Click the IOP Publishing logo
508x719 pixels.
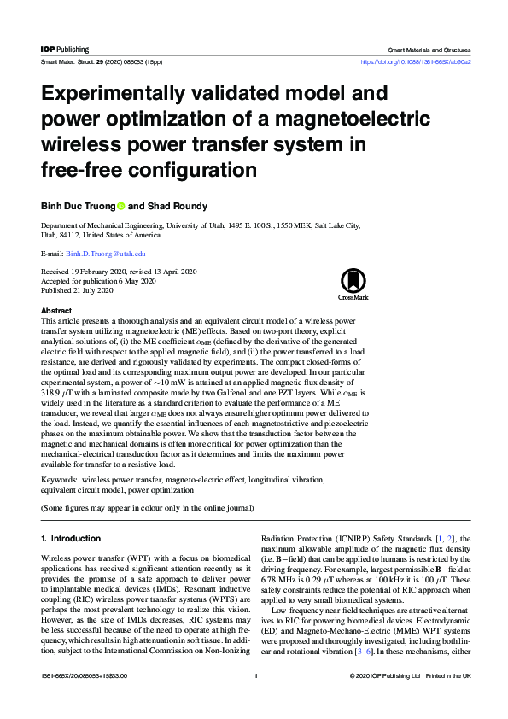click(x=65, y=50)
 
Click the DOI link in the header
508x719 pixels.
click(x=417, y=62)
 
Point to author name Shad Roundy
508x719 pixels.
click(x=185, y=206)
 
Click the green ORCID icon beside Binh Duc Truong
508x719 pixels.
click(x=120, y=206)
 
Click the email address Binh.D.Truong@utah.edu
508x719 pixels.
click(x=106, y=254)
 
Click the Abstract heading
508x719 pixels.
click(x=56, y=311)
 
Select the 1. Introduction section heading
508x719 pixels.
click(x=71, y=539)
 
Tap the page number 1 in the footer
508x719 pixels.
click(x=256, y=700)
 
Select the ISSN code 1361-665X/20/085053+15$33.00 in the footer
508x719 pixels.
click(x=85, y=700)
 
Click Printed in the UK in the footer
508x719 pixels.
click(x=450, y=700)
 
